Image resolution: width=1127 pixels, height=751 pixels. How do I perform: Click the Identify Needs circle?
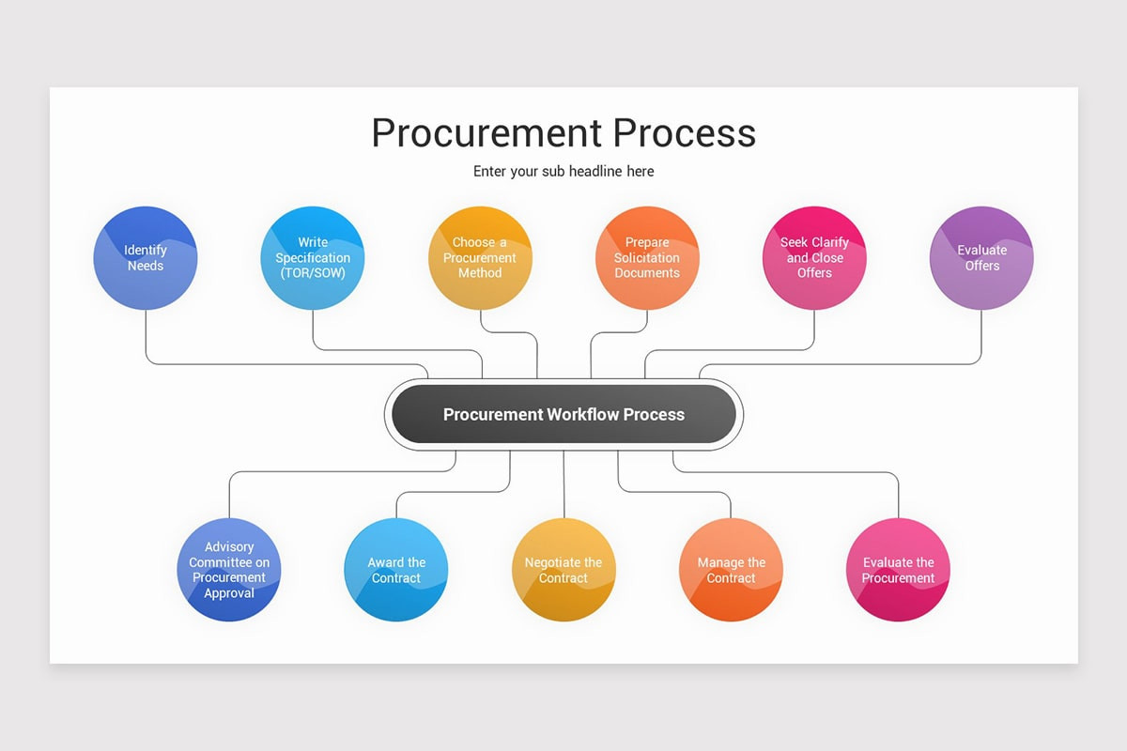pos(146,258)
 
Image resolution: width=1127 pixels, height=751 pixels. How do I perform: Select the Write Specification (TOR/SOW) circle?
pos(313,258)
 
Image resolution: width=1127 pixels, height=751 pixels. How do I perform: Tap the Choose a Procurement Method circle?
pos(480,258)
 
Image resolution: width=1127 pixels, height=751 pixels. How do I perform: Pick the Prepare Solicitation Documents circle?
pos(647,258)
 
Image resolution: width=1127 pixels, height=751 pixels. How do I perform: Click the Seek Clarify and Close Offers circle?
pos(814,258)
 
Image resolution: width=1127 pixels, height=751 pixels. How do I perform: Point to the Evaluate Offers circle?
pos(981,258)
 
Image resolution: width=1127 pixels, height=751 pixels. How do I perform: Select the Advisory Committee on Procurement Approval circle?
pos(229,570)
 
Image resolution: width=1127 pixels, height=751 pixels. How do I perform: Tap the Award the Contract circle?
pos(396,570)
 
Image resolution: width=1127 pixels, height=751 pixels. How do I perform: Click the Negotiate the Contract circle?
pos(563,570)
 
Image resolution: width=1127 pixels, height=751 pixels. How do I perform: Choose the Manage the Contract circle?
pos(731,570)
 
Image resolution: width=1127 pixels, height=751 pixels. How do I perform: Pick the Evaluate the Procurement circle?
pos(899,570)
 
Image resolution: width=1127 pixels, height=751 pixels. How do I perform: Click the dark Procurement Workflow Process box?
pos(563,414)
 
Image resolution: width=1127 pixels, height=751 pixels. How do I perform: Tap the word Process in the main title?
pos(685,133)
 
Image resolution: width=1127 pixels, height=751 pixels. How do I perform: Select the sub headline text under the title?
pos(563,172)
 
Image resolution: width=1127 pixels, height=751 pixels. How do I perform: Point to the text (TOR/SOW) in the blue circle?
pos(313,273)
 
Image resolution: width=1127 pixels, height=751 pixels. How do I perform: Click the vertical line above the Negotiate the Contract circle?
pos(563,483)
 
